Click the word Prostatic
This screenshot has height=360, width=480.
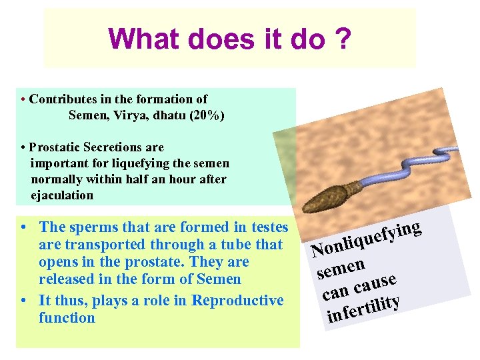pyautogui.click(x=55, y=147)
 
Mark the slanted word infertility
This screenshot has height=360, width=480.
pyautogui.click(x=363, y=307)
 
